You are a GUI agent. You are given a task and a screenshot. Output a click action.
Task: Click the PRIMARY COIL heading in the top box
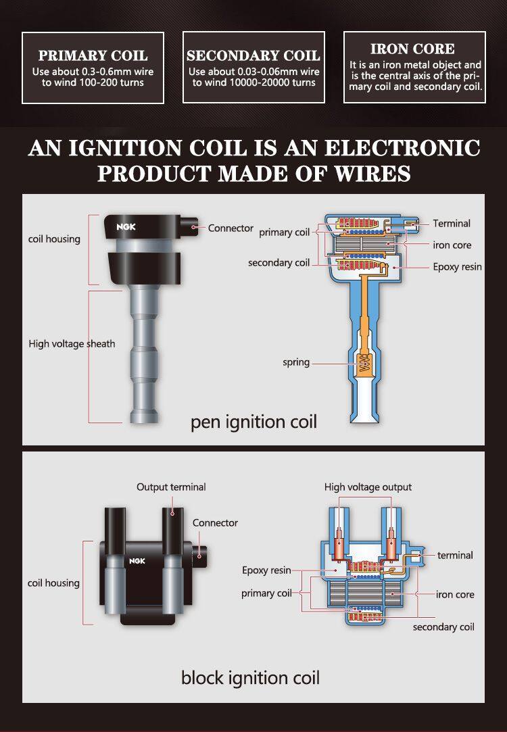coord(93,55)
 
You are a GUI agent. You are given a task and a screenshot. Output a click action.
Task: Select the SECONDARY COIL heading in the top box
coord(254,55)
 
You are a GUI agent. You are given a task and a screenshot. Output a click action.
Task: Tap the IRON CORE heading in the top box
coord(412,49)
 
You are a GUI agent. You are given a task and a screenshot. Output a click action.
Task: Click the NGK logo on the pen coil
coord(126,227)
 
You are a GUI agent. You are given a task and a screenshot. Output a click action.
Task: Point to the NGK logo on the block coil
coord(137,561)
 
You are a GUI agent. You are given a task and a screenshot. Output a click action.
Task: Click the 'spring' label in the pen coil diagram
coord(296,362)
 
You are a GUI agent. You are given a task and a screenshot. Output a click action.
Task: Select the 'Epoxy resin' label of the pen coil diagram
coord(457,267)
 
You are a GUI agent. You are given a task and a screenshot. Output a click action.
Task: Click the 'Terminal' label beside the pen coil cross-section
coord(452,223)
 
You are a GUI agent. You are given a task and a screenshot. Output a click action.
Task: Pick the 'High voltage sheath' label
coord(72,343)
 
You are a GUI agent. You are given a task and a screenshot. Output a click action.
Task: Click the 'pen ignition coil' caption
coord(254,422)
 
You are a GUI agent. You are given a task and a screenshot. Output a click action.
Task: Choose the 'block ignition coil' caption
coord(250,678)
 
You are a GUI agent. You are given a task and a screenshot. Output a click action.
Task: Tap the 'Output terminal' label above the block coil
coord(171,487)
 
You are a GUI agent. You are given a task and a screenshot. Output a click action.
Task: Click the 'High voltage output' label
coord(368,487)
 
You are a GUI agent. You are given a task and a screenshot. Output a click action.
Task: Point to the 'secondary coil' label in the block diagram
coord(443,627)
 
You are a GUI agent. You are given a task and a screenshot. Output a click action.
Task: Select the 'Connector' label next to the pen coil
coord(231,228)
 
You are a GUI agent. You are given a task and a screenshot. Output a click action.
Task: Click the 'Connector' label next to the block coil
coord(215,523)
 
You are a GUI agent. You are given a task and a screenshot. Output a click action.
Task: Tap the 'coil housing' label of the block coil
coord(53,583)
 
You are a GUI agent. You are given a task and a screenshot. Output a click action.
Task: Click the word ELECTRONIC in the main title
coord(402,148)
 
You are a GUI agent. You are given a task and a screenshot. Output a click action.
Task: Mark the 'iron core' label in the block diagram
coord(455,594)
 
